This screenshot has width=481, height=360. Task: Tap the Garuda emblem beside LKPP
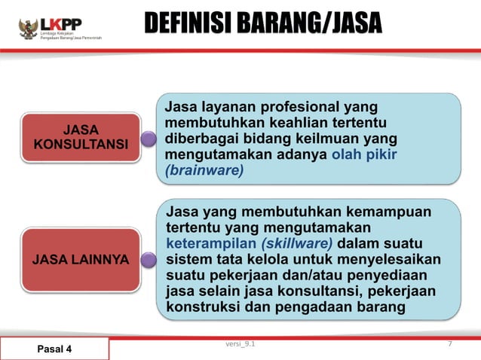29,29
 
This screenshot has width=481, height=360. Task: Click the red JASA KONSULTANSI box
80,136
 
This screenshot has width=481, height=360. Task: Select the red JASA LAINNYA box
80,260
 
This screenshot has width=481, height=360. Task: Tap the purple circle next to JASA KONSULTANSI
149,138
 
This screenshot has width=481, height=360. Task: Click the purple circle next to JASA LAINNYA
149,261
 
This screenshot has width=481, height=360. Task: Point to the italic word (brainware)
204,170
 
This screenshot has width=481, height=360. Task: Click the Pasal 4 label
54,349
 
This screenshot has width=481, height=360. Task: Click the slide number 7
449,345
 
